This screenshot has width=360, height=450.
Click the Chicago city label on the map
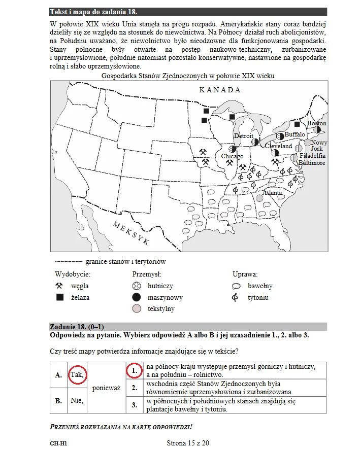pyautogui.click(x=232, y=157)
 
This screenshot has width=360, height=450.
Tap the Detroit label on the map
pyautogui.click(x=243, y=136)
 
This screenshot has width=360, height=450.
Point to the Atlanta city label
pyautogui.click(x=272, y=193)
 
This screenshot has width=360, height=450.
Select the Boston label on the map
pyautogui.click(x=317, y=123)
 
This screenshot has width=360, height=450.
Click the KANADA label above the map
pyautogui.click(x=219, y=90)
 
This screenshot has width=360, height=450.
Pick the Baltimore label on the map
pyautogui.click(x=312, y=163)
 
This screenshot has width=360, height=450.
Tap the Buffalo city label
pyautogui.click(x=294, y=134)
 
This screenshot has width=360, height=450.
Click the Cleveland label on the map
pyautogui.click(x=279, y=146)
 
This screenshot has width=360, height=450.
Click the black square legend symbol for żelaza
pyautogui.click(x=59, y=297)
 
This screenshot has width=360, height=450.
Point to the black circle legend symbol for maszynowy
pyautogui.click(x=136, y=297)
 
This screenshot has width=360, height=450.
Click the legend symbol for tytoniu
pyautogui.click(x=235, y=297)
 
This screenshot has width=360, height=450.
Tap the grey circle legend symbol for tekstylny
pyautogui.click(x=136, y=308)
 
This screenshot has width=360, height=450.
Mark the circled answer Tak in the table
pyautogui.click(x=77, y=375)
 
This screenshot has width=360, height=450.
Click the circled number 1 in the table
pyautogui.click(x=134, y=371)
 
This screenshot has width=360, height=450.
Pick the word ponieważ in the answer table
pyautogui.click(x=106, y=388)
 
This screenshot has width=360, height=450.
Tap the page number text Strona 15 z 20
pyautogui.click(x=187, y=443)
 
